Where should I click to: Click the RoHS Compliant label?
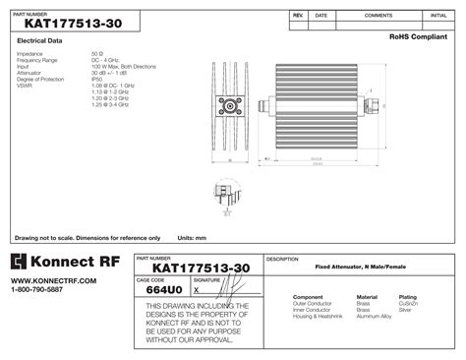coord(417,36)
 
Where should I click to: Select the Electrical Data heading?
coord(40,41)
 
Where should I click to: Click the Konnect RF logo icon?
coord(25,263)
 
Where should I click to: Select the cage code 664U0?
coord(162,291)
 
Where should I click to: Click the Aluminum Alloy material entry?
coord(374,316)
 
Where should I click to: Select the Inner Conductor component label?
coord(313,310)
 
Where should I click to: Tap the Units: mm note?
coord(192,238)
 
